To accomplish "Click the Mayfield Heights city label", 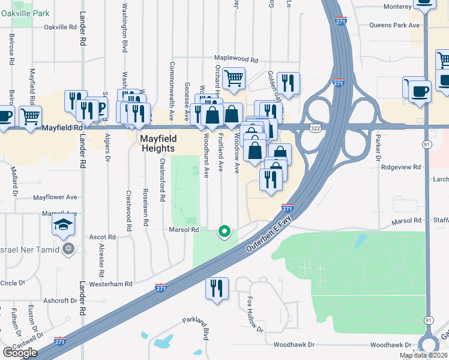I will (157, 143).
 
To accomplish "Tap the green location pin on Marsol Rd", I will (224, 230).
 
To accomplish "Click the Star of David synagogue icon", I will (68, 248).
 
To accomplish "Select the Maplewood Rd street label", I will (235, 60).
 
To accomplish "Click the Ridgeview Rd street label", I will (403, 167).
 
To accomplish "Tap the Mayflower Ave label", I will (55, 197).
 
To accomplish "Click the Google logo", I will (20, 353).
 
